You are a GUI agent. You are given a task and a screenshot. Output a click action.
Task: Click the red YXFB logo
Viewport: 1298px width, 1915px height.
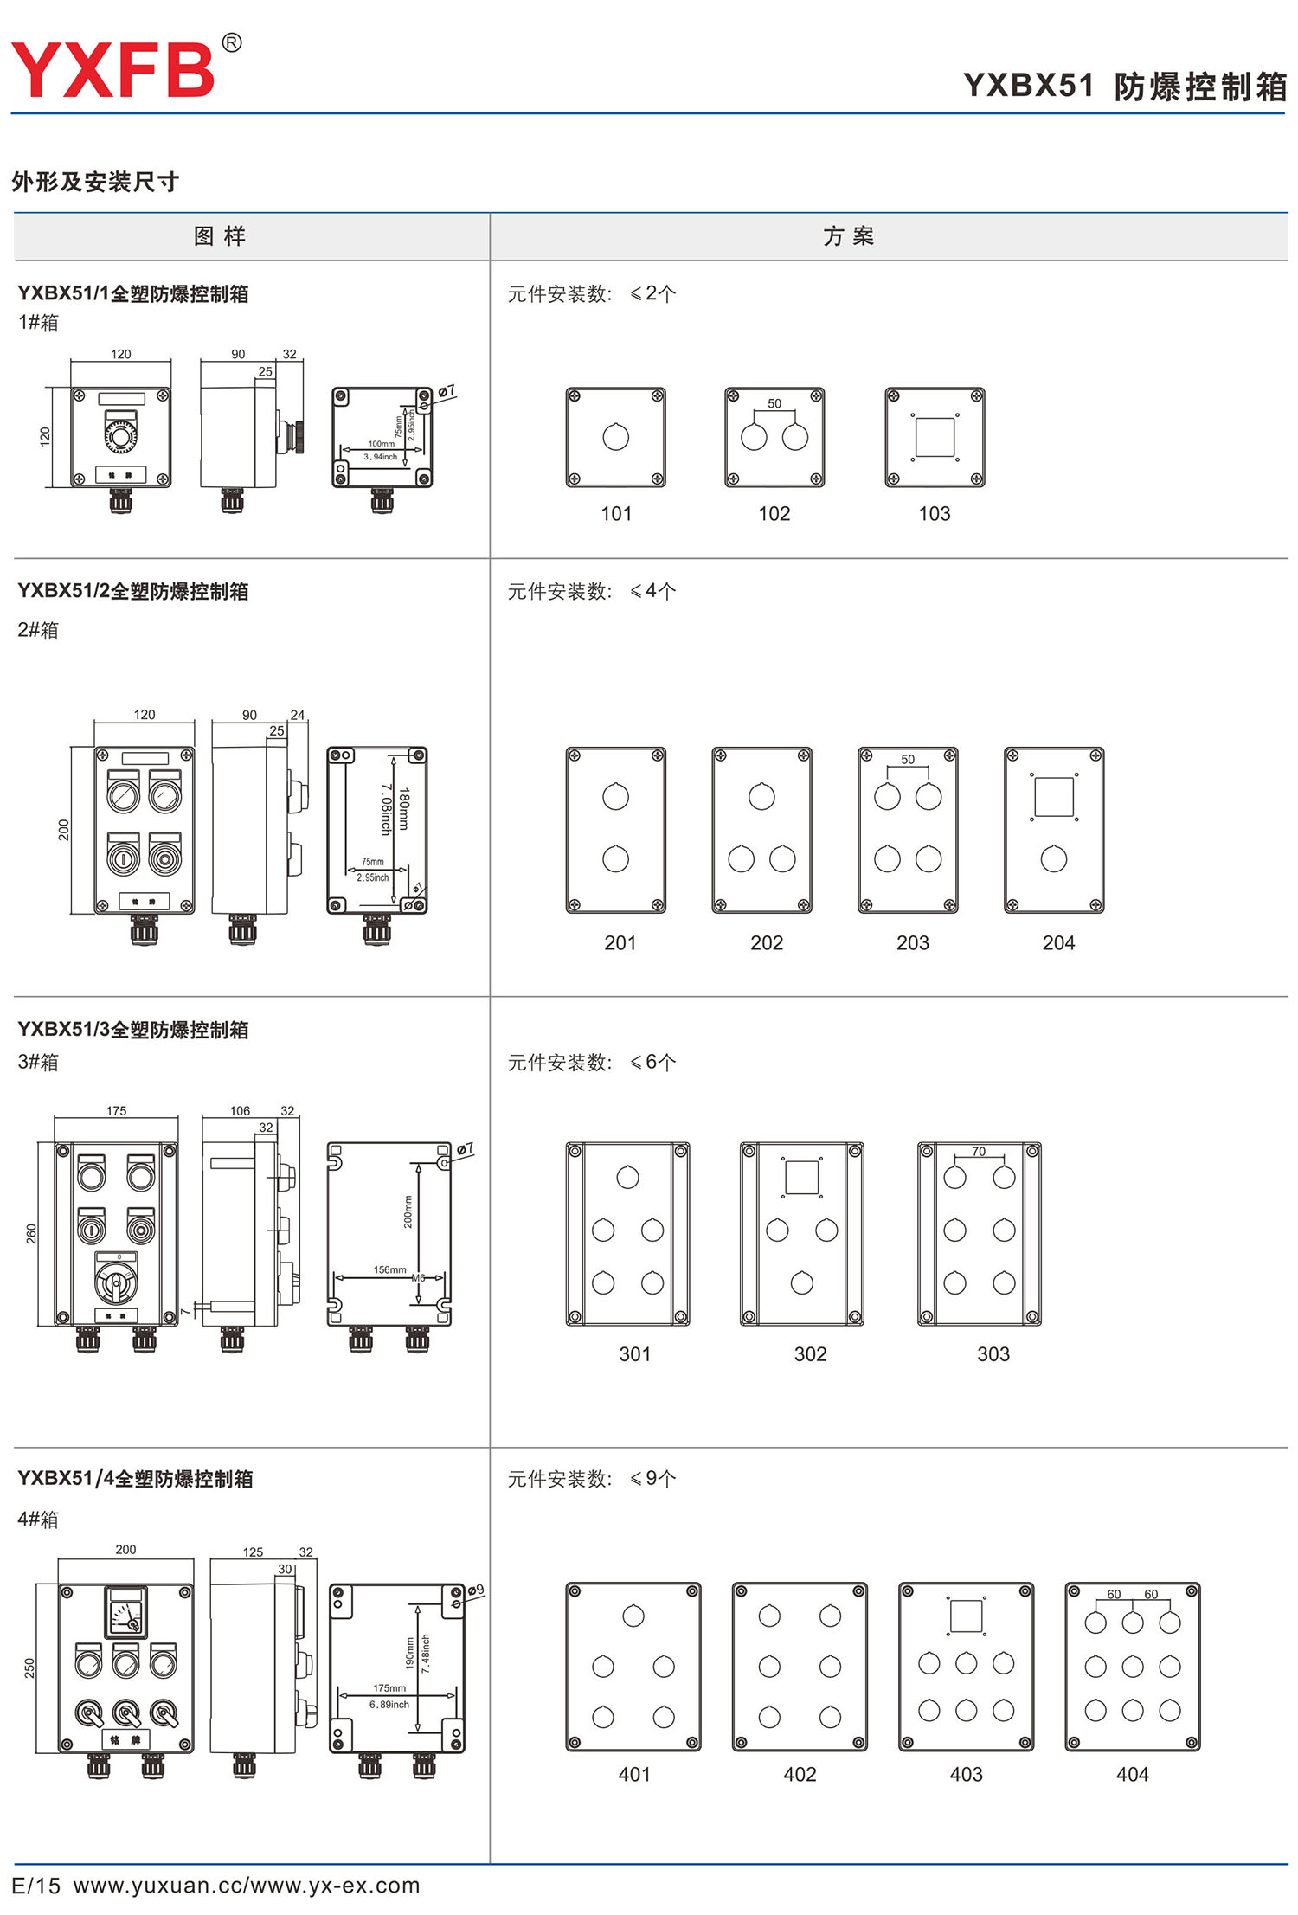[x=112, y=69]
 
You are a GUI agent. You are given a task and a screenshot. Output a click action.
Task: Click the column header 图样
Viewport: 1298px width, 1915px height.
[x=220, y=236]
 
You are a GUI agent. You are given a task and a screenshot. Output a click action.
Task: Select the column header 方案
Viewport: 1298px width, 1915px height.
[x=848, y=236]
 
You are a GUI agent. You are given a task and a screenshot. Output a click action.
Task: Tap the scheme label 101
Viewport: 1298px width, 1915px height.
[x=616, y=514]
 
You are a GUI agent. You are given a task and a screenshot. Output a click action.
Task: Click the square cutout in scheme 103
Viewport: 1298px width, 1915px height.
[x=935, y=437]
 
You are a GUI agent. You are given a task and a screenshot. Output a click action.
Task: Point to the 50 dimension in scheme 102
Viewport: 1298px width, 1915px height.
[x=774, y=403]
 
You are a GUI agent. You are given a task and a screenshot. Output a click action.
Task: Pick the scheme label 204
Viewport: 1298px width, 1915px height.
[x=1058, y=943]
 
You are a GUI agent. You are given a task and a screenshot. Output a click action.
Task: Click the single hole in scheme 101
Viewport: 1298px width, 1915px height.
[x=616, y=437]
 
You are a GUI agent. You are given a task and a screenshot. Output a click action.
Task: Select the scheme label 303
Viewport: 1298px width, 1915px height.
[x=993, y=1354]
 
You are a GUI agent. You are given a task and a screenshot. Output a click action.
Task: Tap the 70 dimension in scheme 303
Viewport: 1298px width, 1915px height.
[x=979, y=1151]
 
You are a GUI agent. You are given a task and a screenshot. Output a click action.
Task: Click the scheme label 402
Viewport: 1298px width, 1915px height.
[x=800, y=1775]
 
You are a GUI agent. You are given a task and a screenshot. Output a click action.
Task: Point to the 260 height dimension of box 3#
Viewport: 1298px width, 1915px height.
[x=32, y=1233]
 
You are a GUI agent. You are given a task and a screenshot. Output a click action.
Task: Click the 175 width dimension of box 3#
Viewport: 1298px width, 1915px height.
[x=116, y=1110]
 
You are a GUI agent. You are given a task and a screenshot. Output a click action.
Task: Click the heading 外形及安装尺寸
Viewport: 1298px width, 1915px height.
[x=95, y=182]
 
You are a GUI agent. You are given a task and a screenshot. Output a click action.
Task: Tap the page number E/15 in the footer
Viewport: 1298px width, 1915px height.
[x=36, y=1886]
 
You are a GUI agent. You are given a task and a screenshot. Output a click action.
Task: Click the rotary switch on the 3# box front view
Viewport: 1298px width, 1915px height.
[x=115, y=1282]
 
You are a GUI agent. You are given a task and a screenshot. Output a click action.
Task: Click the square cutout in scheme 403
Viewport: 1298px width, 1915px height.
[x=966, y=1616]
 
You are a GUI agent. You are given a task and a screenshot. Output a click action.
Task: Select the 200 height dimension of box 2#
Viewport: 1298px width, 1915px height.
[x=63, y=829]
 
